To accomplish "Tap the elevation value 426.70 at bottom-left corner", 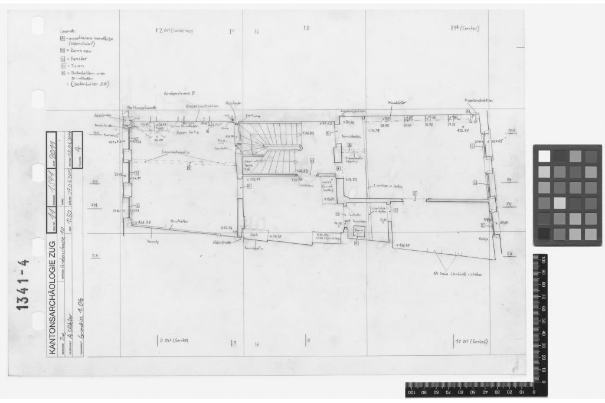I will click(x=143, y=222).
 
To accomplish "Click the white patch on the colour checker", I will click(x=543, y=156).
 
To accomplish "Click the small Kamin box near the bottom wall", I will click(x=357, y=231).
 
